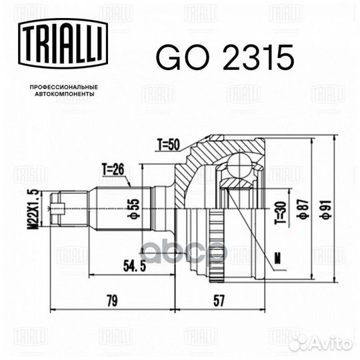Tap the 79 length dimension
110,301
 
